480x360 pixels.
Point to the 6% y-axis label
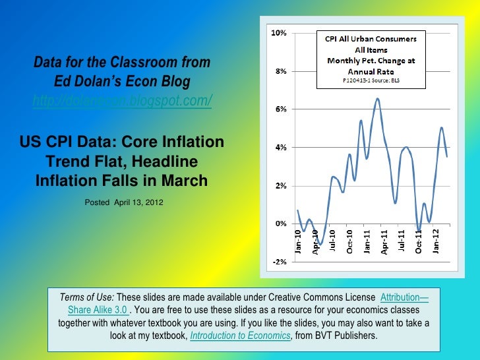pyautogui.click(x=280, y=109)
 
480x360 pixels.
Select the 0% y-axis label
pyautogui.click(x=280, y=224)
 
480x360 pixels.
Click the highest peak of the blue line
pyautogui.click(x=377, y=99)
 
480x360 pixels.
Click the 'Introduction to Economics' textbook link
pyautogui.click(x=240, y=336)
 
